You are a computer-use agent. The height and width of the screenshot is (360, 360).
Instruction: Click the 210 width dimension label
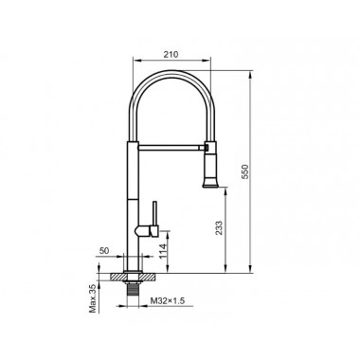tap(171, 54)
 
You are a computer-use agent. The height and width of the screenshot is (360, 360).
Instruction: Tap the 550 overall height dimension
tap(245, 171)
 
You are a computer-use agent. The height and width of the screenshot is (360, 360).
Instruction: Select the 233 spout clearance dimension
tap(219, 227)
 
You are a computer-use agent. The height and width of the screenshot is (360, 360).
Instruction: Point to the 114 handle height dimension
tap(163, 251)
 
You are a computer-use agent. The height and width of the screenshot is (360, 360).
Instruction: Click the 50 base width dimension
tap(104, 251)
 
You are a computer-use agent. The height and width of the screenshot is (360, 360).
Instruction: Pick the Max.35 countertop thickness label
tap(93, 298)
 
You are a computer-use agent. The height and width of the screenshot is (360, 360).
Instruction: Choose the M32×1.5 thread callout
tap(167, 300)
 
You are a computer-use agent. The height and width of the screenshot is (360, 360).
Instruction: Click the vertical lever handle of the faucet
tap(154, 213)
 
